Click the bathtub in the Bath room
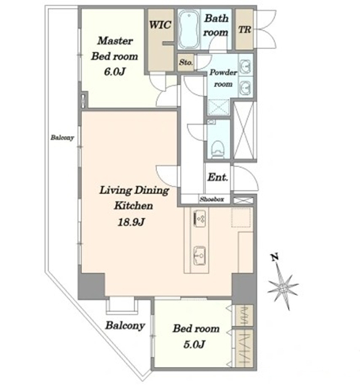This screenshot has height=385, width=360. point(189,30)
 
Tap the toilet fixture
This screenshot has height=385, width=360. point(217,148)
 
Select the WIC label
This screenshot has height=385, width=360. point(160,24)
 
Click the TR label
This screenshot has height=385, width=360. point(244,30)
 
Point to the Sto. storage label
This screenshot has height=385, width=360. point(186,63)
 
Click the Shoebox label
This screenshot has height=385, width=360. point(212,199)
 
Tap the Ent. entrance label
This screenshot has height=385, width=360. point(217,177)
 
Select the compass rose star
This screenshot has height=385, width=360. point(282,289)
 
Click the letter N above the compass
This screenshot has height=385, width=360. point(275,257)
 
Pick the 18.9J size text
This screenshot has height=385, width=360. point(131,222)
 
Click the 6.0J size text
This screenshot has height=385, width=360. point(114,72)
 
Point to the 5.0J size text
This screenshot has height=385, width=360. point(194,345)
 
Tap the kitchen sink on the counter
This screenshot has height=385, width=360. point(199,256)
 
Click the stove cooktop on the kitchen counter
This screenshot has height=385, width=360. point(199,218)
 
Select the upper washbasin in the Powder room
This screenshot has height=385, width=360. point(245,65)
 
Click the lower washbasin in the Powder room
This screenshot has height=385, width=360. point(245,86)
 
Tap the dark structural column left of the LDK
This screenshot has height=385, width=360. point(91,286)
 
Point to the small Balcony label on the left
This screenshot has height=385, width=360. point(62,137)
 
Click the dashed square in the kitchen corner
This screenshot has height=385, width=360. point(241,218)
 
